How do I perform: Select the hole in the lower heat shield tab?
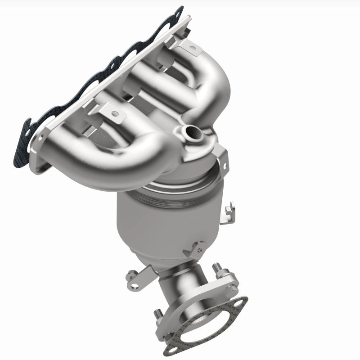coord(114,114)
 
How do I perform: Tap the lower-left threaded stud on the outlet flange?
coord(158,313)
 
